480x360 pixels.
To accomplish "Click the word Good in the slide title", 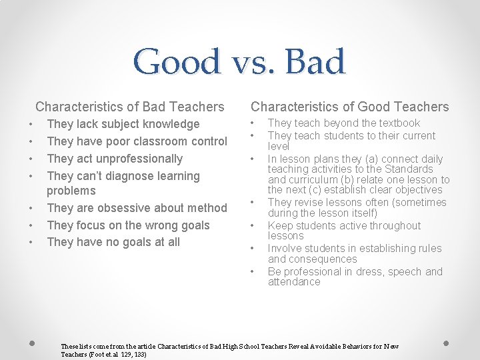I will [x=176, y=62].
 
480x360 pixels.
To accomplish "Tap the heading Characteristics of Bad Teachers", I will [x=130, y=107].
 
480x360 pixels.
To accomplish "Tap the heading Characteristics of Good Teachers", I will [x=349, y=107].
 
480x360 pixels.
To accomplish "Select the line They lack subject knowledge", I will [x=123, y=124].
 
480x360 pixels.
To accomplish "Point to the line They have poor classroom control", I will [x=137, y=141].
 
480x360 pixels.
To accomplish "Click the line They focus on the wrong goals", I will [x=128, y=225].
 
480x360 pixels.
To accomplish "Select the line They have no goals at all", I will [x=113, y=242].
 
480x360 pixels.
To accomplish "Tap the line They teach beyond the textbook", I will [x=343, y=123].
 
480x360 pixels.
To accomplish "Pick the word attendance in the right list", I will [x=293, y=281].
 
